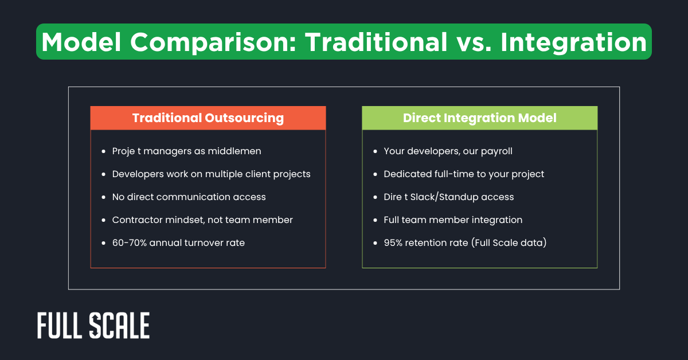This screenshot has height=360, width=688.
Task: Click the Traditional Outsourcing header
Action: tap(208, 118)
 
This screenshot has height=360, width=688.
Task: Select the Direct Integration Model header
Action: tap(479, 118)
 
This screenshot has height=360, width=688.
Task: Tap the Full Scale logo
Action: tap(93, 326)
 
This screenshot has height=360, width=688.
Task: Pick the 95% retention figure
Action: tap(396, 243)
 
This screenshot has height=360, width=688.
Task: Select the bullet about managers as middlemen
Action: tap(186, 151)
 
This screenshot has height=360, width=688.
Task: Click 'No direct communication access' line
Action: tap(189, 197)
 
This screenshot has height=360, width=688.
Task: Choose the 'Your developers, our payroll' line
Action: tap(448, 151)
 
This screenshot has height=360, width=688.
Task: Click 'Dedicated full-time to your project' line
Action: tap(464, 174)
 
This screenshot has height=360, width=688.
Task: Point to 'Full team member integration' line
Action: tap(453, 220)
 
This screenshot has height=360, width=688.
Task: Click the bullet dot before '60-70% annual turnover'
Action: tap(103, 243)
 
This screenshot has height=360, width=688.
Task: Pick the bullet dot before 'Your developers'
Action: tap(375, 151)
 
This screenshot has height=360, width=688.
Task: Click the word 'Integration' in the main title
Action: tap(573, 42)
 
